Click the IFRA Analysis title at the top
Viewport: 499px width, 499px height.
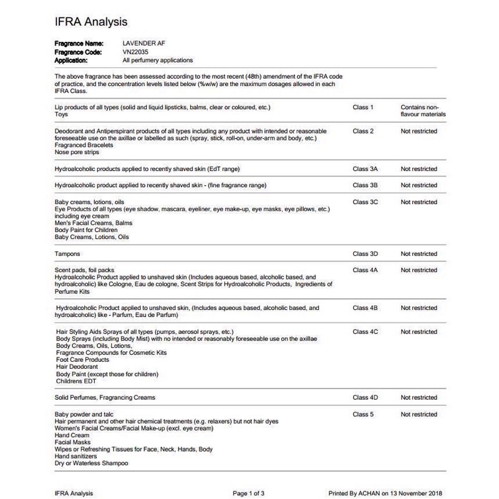(91, 22)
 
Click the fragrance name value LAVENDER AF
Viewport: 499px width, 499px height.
(144, 43)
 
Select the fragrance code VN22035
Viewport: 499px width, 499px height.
(137, 52)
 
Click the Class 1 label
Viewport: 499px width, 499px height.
(363, 107)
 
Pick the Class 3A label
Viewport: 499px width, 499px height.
(365, 169)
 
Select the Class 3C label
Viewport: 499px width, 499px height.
(365, 202)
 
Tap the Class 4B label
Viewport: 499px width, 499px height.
(365, 308)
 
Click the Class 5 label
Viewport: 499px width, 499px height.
(363, 414)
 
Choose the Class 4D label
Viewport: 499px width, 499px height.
(365, 397)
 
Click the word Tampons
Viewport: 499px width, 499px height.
(67, 254)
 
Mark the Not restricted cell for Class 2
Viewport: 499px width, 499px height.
(419, 131)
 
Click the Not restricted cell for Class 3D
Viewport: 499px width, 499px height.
(419, 254)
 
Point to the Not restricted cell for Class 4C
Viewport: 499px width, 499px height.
(419, 332)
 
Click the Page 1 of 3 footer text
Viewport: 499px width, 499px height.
(248, 493)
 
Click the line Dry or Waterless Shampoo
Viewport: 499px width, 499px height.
(92, 463)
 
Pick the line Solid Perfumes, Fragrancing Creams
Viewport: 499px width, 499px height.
(105, 397)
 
